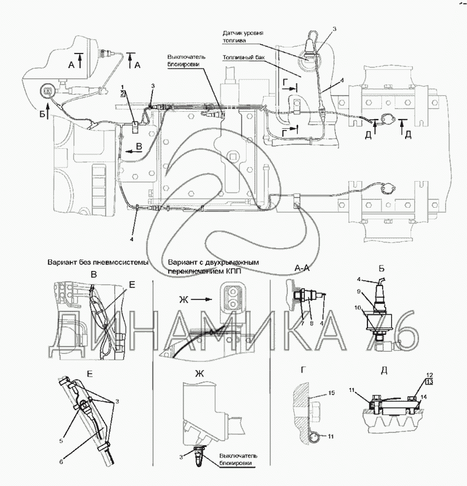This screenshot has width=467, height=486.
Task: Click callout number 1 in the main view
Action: point(123,88)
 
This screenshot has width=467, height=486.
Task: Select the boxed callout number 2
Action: point(123,95)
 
